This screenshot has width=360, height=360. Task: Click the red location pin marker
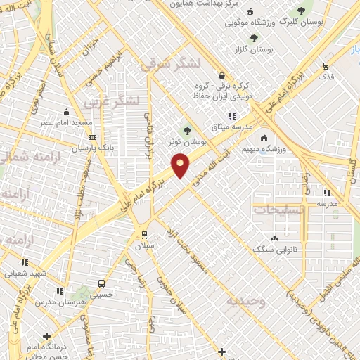[181, 166]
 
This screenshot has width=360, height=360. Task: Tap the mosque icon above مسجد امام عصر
[66, 112]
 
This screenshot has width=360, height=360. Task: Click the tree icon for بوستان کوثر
[187, 130]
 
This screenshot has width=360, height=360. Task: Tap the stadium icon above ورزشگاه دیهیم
[264, 138]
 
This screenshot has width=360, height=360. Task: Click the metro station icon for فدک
[325, 65]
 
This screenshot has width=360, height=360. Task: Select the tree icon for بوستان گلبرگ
[302, 10]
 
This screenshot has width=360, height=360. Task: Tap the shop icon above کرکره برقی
[222, 76]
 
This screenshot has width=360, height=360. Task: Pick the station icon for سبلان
[144, 235]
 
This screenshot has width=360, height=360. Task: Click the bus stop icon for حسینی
[103, 283]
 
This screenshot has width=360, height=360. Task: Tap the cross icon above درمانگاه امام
[46, 337]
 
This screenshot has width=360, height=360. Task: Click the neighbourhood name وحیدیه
[245, 302]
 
